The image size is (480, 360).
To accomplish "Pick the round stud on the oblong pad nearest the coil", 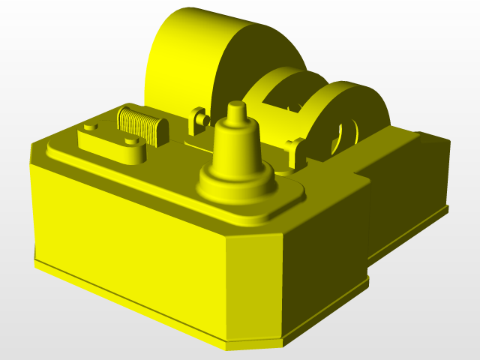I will pyautogui.click(x=131, y=140).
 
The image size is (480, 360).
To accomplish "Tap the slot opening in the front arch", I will pyautogui.click(x=346, y=135).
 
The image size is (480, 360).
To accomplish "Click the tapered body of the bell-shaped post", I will pyautogui.click(x=237, y=150).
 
